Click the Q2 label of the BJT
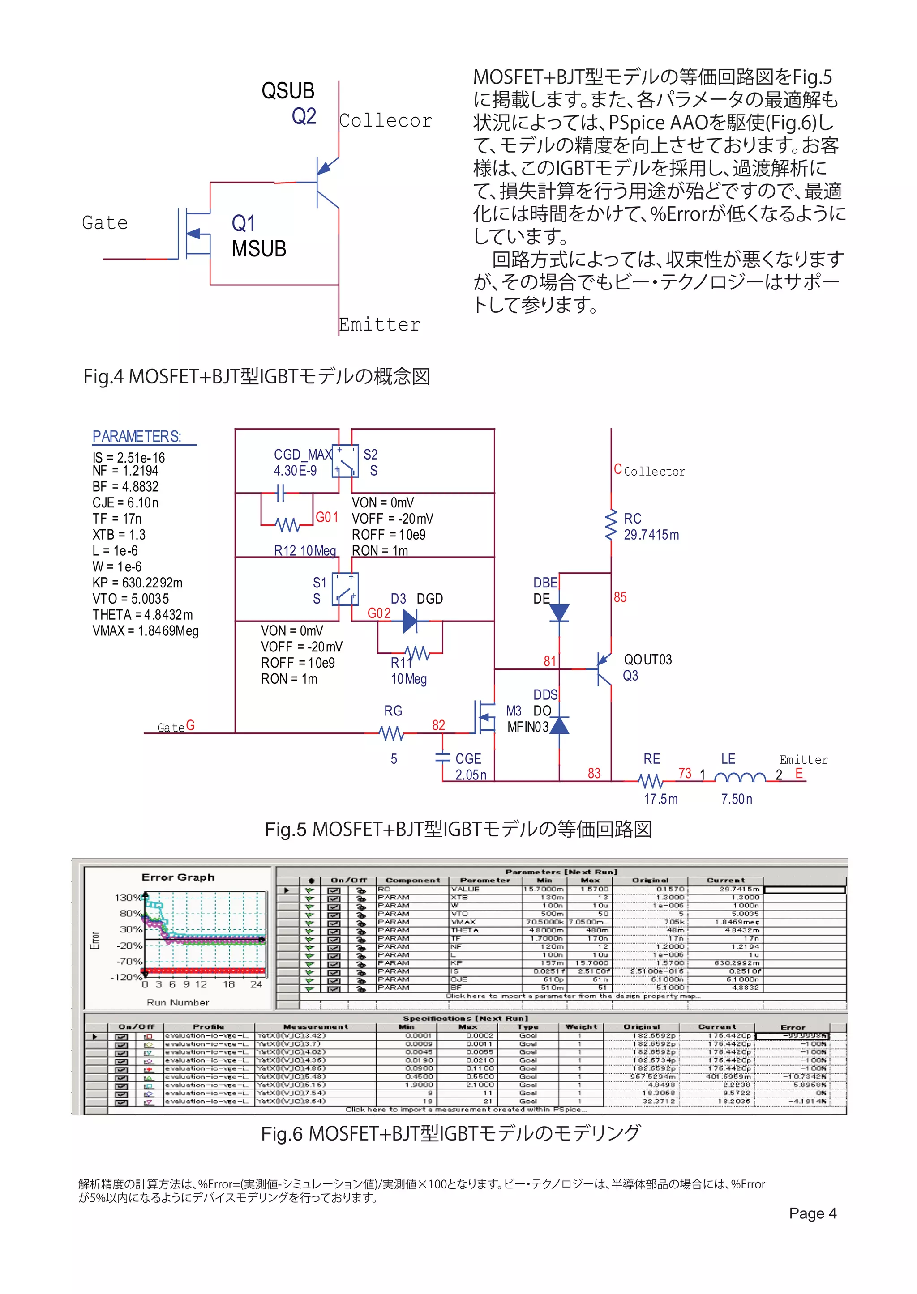coord(303,116)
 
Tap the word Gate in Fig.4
coord(105,223)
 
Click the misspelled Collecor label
coord(385,121)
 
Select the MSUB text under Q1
coord(259,249)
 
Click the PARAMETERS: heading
coord(137,437)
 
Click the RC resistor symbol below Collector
coord(611,525)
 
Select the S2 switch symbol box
coord(345,461)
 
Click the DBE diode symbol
coord(559,612)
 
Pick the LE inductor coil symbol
coord(740,778)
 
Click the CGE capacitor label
coord(468,759)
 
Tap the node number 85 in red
coord(620,597)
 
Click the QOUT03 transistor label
coord(647,660)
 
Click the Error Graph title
coord(178,877)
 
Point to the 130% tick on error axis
coord(128,897)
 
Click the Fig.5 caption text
coord(458,829)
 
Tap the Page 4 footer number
coord(813,1213)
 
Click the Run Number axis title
coord(178,1002)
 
